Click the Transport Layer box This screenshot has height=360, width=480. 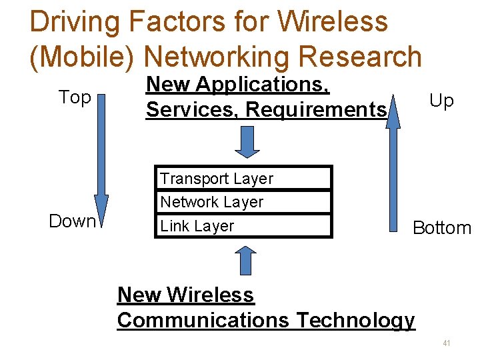(x=243, y=178)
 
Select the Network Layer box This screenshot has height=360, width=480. (x=243, y=201)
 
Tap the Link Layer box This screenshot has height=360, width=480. (x=243, y=226)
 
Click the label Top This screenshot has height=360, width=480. (x=75, y=97)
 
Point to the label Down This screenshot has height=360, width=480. (x=72, y=221)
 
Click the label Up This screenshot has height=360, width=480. (x=441, y=101)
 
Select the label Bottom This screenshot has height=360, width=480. (x=442, y=227)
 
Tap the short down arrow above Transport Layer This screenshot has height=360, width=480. (x=247, y=141)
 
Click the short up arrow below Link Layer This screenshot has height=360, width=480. (x=247, y=260)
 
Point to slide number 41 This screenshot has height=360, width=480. (x=446, y=343)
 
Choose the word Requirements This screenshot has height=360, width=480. (x=317, y=109)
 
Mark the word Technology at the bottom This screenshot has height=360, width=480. (x=355, y=320)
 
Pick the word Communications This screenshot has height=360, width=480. (x=203, y=320)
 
